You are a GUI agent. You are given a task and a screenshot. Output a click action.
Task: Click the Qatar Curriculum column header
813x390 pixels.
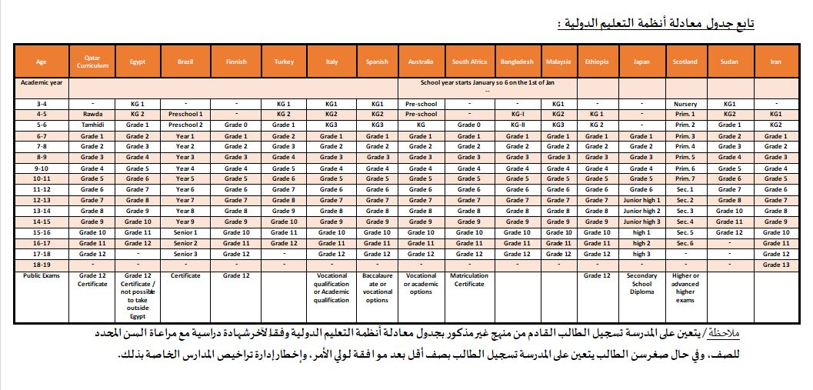point(92,62)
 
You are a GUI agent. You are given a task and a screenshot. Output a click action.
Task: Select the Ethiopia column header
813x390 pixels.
point(597,62)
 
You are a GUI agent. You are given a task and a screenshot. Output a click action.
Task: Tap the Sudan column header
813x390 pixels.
point(729,62)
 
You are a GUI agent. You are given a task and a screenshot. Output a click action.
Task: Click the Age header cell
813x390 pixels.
point(41,62)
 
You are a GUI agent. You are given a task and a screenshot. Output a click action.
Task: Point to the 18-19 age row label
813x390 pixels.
point(41,265)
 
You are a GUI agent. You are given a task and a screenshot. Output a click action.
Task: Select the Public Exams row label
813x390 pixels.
point(41,275)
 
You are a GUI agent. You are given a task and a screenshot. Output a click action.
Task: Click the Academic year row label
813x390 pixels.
point(41,81)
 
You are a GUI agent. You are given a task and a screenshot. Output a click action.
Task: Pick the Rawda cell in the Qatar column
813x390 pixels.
point(92,114)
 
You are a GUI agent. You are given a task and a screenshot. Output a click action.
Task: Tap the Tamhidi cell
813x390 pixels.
point(92,125)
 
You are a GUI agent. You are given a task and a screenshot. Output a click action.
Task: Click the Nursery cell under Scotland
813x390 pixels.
point(685,103)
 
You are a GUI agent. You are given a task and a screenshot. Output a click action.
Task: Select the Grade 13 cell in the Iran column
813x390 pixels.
point(775,265)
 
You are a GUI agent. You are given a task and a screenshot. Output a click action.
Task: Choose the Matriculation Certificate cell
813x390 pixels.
point(468,279)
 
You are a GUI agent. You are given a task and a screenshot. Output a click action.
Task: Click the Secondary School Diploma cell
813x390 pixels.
point(641,284)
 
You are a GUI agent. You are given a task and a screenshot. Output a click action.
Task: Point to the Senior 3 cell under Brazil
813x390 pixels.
point(185,254)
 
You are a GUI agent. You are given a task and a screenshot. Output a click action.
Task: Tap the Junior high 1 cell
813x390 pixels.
point(641,200)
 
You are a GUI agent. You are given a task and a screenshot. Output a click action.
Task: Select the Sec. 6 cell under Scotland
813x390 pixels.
point(685,243)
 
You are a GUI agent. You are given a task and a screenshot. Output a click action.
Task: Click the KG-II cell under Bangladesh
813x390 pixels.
point(517,125)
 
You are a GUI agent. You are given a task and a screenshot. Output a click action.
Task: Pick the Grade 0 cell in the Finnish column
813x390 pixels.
point(236,125)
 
